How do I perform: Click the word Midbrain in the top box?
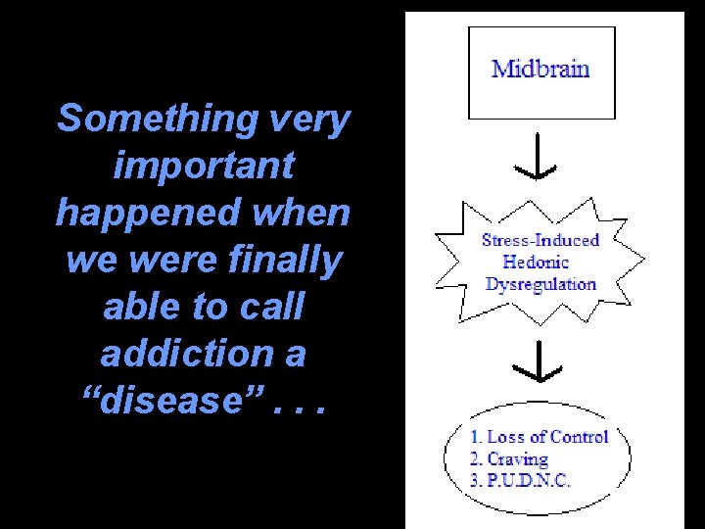pos(540,69)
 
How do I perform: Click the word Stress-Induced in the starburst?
pos(540,240)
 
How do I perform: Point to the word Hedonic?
pos(536,262)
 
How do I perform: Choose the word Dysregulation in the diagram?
pos(540,284)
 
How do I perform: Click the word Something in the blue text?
pos(156,120)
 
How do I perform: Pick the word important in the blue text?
pos(204,166)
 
